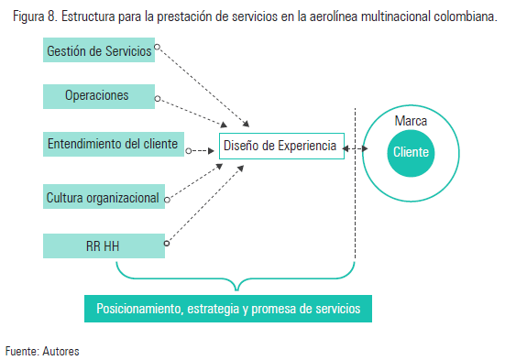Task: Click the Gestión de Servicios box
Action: pyautogui.click(x=98, y=50)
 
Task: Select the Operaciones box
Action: pyautogui.click(x=98, y=95)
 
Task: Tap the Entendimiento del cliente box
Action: pyautogui.click(x=112, y=144)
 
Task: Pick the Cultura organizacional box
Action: pyautogui.click(x=104, y=197)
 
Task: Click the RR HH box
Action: pyautogui.click(x=104, y=245)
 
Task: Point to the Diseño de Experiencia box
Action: pyautogui.click(x=280, y=146)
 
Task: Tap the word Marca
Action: pyautogui.click(x=410, y=121)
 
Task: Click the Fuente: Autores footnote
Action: pyautogui.click(x=42, y=350)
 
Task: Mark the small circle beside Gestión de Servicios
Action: pyautogui.click(x=158, y=46)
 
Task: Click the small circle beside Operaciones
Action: pyautogui.click(x=158, y=98)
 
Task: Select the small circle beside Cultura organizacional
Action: pyautogui.click(x=167, y=195)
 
